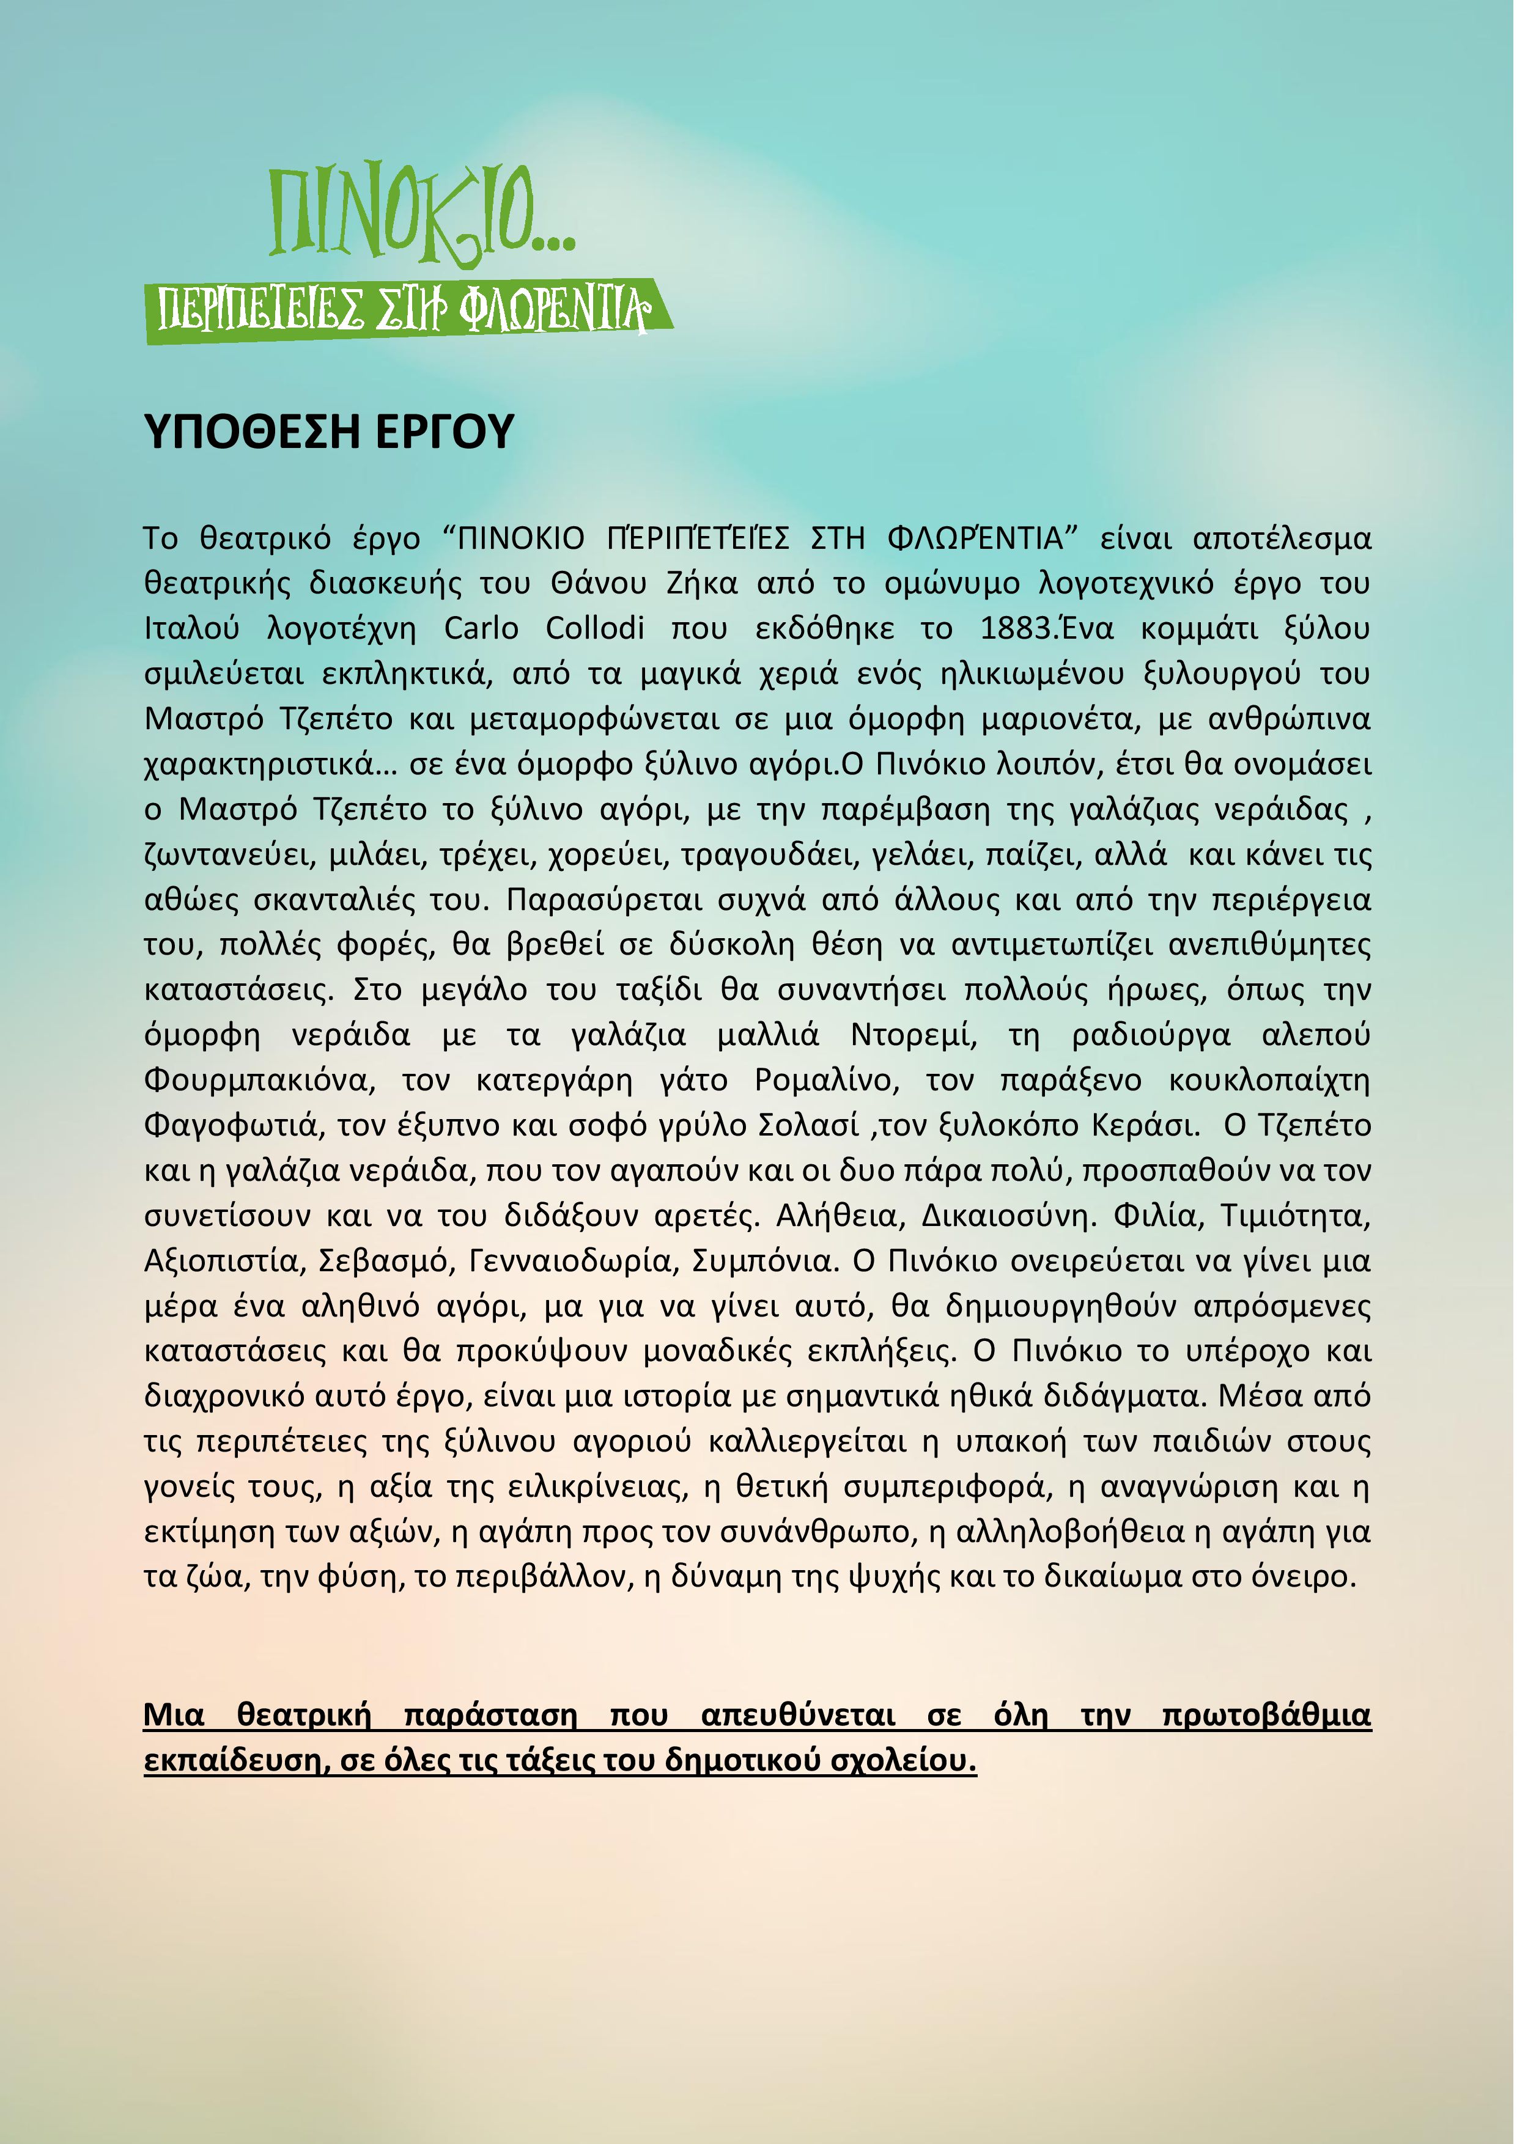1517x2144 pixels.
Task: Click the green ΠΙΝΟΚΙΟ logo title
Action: [420, 213]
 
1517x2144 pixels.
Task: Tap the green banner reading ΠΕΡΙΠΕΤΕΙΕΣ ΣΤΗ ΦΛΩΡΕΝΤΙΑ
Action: [407, 311]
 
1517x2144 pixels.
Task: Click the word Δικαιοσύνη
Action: [1008, 1216]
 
